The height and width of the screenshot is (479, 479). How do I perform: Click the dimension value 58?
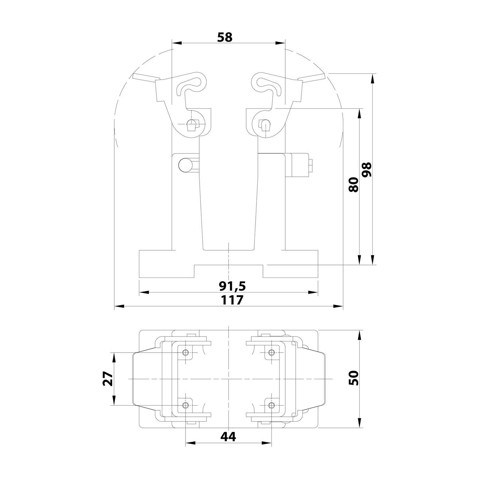coord(225,37)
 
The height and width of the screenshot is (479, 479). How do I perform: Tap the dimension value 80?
coord(354,184)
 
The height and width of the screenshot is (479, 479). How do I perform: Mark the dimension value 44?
coord(229,437)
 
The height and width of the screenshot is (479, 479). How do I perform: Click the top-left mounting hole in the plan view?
coord(186,353)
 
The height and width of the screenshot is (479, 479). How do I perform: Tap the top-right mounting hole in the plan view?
coord(271,353)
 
